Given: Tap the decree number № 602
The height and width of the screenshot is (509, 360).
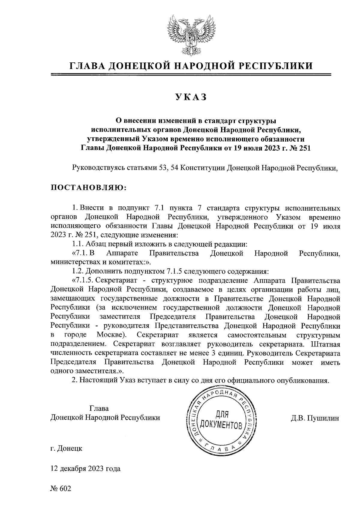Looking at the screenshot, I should tap(61, 489).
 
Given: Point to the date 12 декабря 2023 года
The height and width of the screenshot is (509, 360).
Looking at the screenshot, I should tap(85, 469).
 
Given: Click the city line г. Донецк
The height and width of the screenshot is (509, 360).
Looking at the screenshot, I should tap(66, 449).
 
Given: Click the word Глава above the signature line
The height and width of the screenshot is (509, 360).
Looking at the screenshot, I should tap(99, 409).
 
